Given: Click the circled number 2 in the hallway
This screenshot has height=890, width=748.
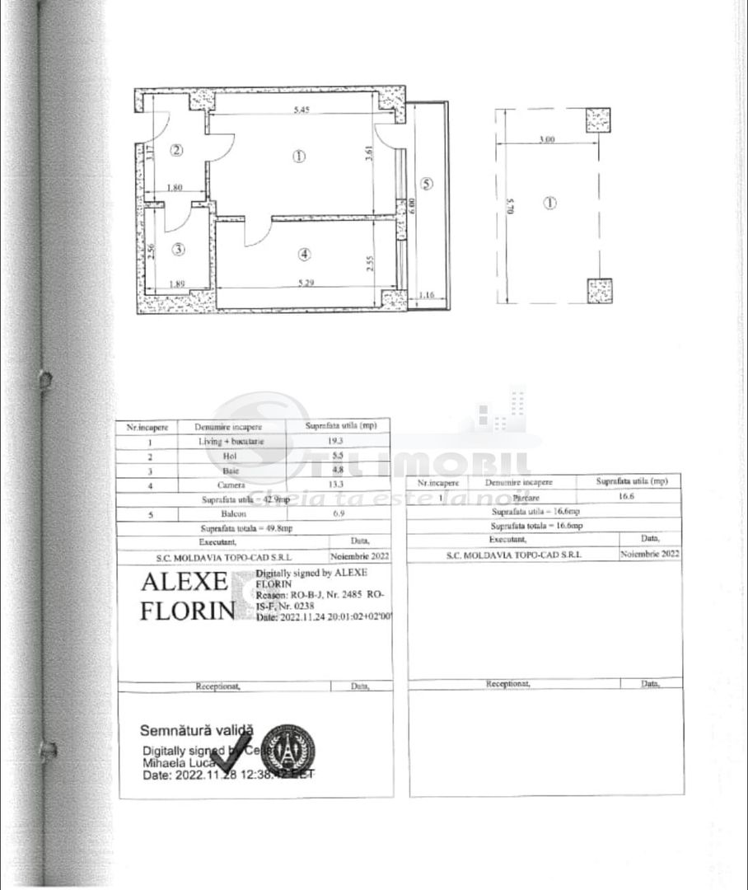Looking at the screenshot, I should pos(175,150).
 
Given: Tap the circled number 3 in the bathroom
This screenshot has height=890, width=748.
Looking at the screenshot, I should pos(179,249).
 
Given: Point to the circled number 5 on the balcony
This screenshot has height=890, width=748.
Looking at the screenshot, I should pos(426,185).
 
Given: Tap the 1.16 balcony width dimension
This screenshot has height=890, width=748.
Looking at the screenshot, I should pos(426,294).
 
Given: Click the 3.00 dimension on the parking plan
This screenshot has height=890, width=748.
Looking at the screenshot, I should pos(545,140).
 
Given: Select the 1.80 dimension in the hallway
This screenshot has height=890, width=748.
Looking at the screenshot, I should pos(174,188).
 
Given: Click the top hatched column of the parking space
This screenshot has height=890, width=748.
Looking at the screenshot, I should pos(599,121).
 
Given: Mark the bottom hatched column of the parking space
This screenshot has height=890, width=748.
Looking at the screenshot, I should pos(599,291).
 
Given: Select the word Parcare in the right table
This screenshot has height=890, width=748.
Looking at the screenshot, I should pos(519,497).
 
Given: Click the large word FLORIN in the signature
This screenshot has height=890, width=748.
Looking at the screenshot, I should pos(187,611).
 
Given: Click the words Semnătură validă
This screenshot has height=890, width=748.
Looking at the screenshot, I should pos(197,730).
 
